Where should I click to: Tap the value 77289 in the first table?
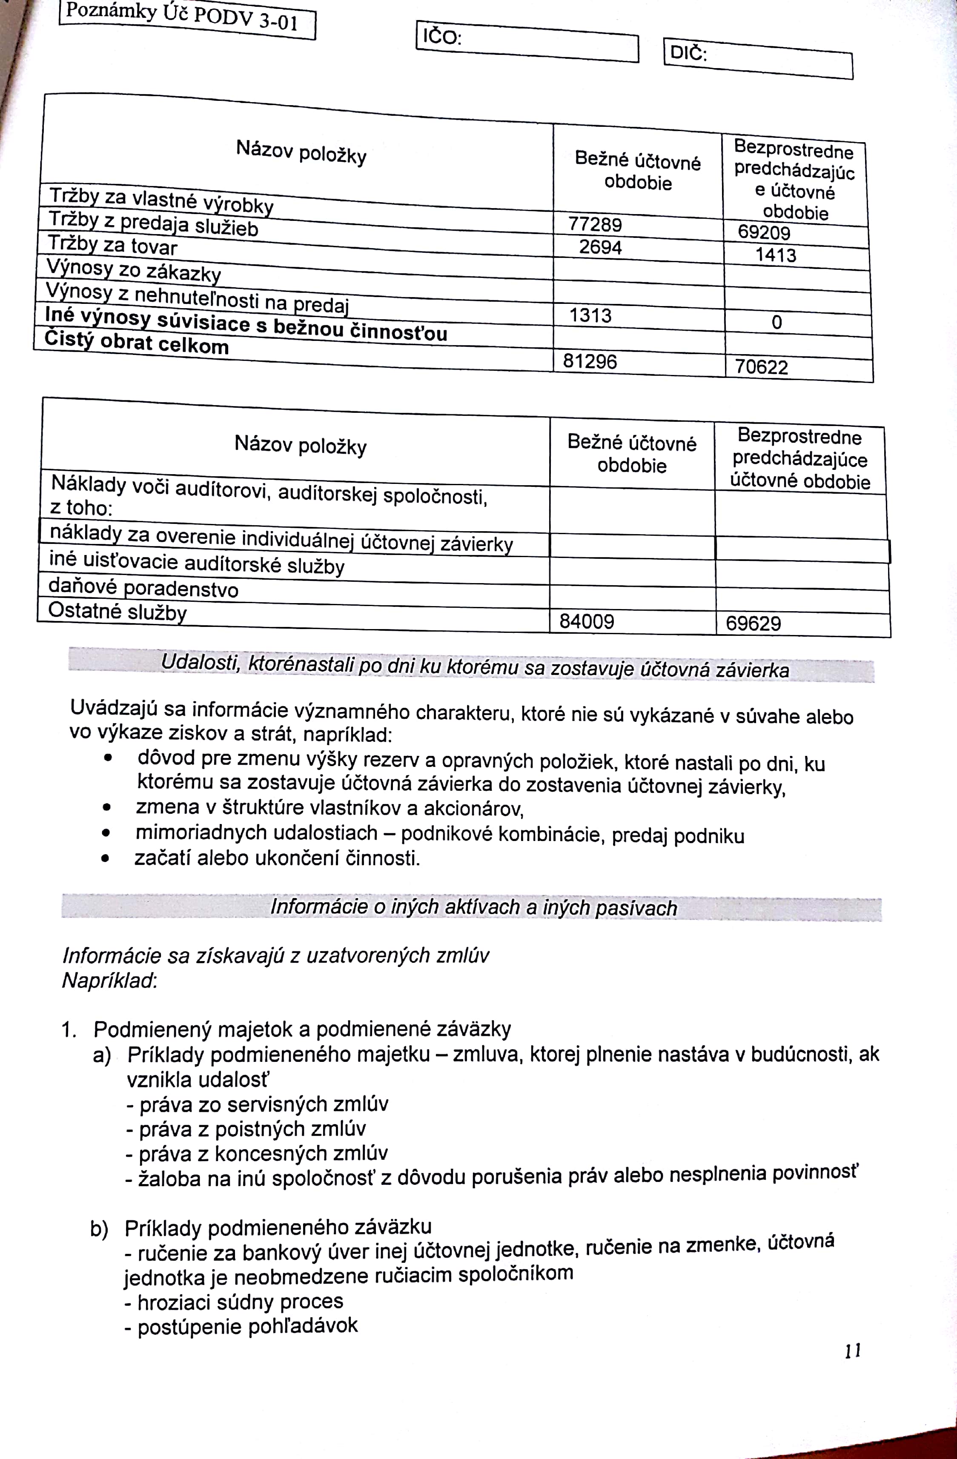click(x=595, y=224)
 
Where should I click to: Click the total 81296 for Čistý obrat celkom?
click(x=590, y=361)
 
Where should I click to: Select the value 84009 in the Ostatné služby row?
click(x=586, y=622)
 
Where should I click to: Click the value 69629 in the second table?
click(x=753, y=624)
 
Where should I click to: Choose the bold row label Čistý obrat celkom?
click(x=136, y=342)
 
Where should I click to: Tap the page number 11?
click(x=853, y=1350)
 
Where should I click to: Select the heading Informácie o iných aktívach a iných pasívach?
click(x=473, y=908)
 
